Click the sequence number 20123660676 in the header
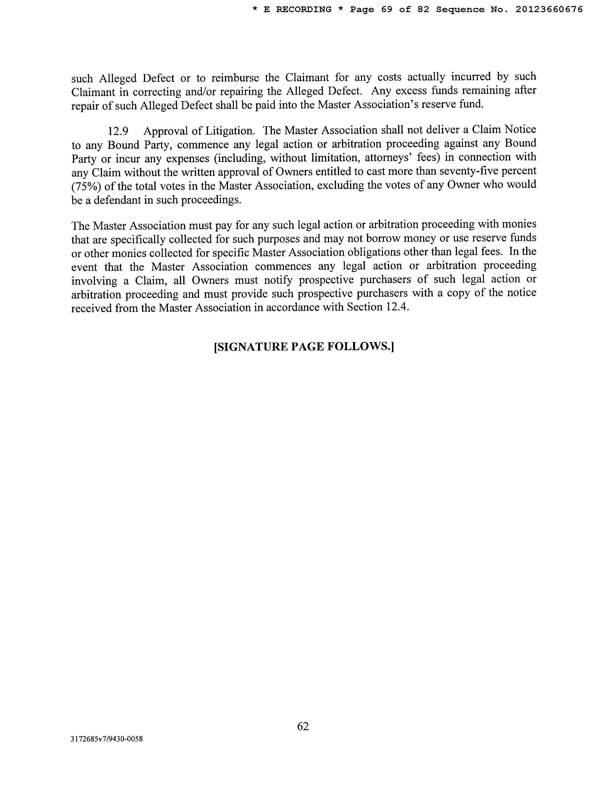click(549, 10)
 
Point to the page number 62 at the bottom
click(303, 726)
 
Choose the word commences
click(283, 266)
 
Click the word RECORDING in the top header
click(304, 10)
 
